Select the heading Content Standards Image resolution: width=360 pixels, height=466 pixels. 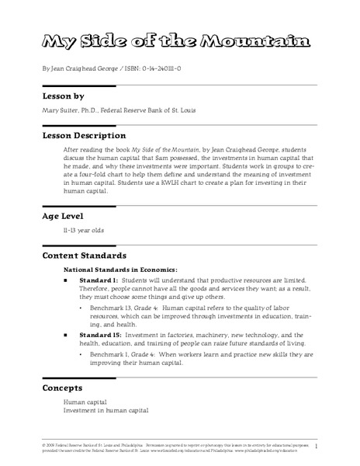tap(84, 256)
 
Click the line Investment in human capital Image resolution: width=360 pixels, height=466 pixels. tap(106, 409)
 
